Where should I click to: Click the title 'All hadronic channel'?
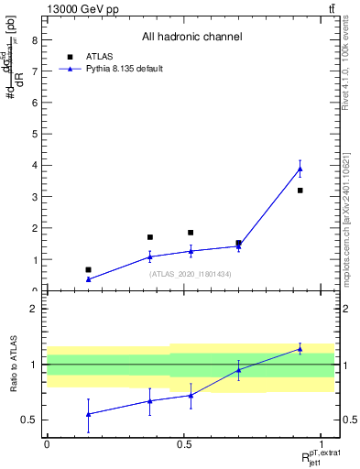tap(191, 38)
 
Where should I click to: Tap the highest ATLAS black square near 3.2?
tap(300, 191)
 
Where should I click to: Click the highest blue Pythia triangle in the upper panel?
tap(300, 169)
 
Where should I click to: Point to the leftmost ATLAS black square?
tap(88, 270)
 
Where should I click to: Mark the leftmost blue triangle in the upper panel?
tap(88, 279)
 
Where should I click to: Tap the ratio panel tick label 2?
tap(34, 309)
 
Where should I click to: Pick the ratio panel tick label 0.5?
tap(30, 420)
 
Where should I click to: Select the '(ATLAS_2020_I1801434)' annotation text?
tap(190, 274)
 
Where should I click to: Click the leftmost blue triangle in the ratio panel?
tap(88, 414)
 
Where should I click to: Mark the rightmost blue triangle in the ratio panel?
tap(300, 349)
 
